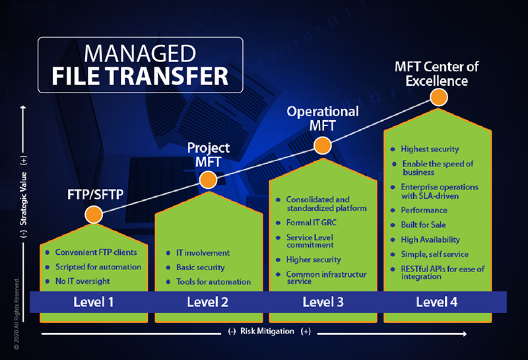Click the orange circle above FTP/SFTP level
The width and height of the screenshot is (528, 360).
(94, 215)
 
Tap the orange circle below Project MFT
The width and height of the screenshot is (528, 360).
(208, 180)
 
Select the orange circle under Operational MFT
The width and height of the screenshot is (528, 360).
(323, 145)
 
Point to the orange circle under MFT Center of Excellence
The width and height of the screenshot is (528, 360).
(439, 97)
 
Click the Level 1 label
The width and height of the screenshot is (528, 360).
(93, 302)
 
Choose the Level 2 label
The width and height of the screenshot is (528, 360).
(207, 302)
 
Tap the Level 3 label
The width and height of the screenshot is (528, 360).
(323, 302)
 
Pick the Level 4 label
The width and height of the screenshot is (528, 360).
(437, 302)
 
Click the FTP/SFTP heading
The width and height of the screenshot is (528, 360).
(95, 194)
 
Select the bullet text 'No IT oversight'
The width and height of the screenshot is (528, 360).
(82, 281)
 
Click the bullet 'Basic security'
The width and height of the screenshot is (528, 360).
(201, 268)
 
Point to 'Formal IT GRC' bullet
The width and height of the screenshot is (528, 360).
(311, 223)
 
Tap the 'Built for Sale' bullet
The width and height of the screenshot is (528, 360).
(423, 225)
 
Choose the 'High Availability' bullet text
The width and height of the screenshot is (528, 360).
(430, 240)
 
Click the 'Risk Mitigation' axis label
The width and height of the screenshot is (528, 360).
(267, 331)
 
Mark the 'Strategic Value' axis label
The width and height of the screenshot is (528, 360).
(23, 199)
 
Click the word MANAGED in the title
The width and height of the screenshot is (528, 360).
(140, 54)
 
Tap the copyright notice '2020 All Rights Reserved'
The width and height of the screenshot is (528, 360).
(16, 314)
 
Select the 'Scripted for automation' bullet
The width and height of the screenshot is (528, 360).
(98, 267)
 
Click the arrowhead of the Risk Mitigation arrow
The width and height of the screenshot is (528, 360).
(465, 334)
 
